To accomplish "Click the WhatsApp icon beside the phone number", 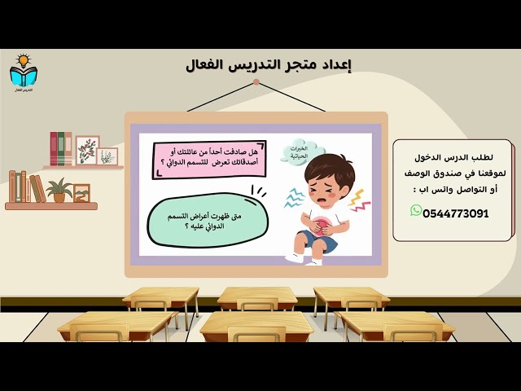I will coord(416,211).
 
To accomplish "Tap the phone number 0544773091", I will coord(456,213).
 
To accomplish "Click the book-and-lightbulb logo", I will coord(23,72).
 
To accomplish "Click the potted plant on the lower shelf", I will coord(59,191).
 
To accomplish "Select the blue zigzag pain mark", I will coord(293,197).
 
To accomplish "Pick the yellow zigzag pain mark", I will coord(359,200).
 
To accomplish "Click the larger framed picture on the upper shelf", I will coord(87,150).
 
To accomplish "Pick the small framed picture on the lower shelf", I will coord(81,192).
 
